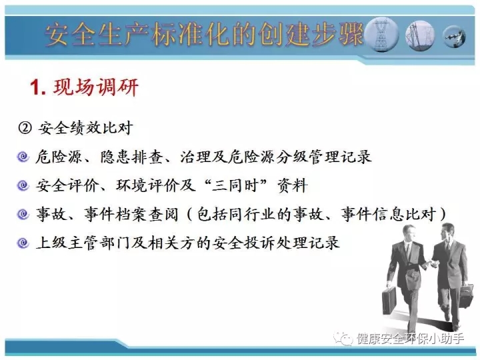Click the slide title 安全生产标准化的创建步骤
[x=204, y=34]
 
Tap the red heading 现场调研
[x=96, y=87]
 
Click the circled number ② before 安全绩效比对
[x=25, y=127]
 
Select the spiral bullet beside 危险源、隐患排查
[x=23, y=157]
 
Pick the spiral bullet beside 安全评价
[x=23, y=185]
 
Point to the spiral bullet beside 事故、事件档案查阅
[x=23, y=214]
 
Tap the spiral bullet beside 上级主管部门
[x=23, y=243]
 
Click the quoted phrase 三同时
[x=235, y=185]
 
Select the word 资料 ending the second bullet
[x=293, y=185]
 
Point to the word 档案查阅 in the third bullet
[x=147, y=214]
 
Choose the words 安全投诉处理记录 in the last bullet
[x=276, y=243]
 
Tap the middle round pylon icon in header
[x=420, y=35]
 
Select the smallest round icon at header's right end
[x=454, y=37]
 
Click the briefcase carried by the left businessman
[x=389, y=301]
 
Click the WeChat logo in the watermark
[x=343, y=339]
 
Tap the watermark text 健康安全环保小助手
[x=410, y=339]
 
